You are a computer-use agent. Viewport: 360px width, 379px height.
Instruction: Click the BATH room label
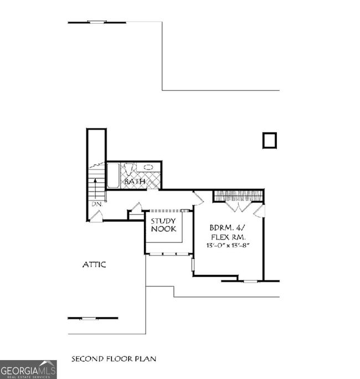135,181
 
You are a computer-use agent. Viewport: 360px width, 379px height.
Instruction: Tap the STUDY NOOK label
163,225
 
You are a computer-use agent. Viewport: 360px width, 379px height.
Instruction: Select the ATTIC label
94,265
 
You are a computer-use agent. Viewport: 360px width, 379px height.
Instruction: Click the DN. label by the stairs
97,204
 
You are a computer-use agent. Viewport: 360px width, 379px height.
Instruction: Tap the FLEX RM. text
227,236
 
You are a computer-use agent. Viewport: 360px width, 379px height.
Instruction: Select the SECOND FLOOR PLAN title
114,358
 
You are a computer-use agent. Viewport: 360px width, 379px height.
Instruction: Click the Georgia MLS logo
28,369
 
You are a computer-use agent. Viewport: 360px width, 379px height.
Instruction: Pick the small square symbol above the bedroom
269,140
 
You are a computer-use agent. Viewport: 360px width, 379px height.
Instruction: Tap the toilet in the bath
130,168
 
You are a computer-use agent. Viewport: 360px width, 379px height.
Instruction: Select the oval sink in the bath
148,167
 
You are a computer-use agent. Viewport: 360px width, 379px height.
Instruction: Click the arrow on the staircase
97,183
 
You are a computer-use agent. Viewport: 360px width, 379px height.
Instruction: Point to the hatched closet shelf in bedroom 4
239,194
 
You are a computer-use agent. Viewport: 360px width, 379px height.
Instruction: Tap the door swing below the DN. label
96,216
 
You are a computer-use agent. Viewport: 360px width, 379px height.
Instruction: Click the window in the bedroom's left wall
193,265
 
